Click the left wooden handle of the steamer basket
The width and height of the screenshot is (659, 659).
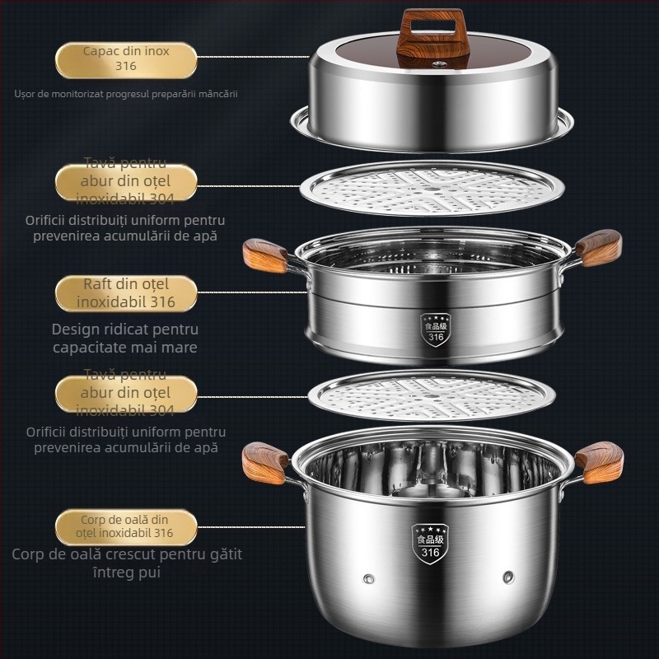point(264,255)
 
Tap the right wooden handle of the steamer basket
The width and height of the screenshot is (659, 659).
point(599,247)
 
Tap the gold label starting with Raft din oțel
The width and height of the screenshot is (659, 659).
point(126,293)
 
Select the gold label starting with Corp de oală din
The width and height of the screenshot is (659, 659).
point(126,526)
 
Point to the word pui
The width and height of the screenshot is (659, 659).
point(148,572)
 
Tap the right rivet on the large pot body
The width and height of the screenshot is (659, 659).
point(508,574)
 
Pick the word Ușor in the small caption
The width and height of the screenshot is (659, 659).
point(27,94)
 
